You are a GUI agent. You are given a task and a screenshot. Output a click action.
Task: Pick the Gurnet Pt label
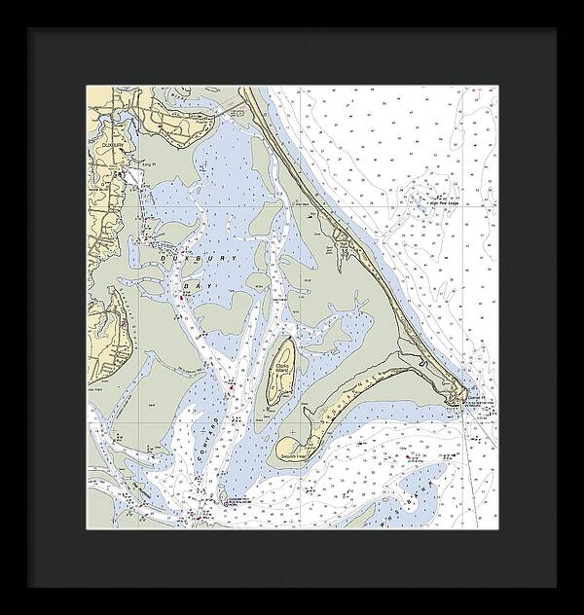(473, 396)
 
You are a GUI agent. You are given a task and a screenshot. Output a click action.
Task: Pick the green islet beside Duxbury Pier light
(223, 494)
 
